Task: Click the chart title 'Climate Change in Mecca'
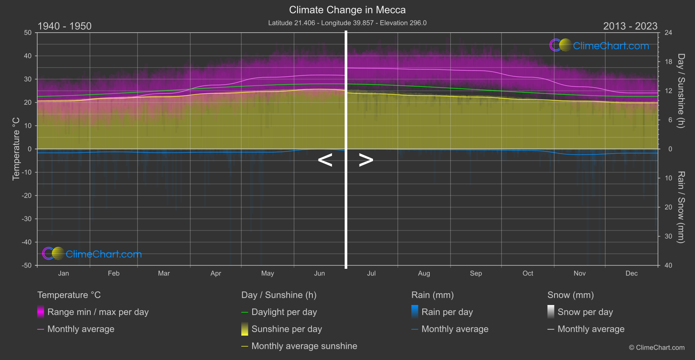347,10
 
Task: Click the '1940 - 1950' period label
65,26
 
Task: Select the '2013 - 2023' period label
630,26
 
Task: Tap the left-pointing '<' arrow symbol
325,160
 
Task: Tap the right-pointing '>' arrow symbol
366,160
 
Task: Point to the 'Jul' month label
371,274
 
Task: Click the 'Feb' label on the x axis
113,274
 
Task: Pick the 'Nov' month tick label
579,274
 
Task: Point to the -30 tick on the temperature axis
27,219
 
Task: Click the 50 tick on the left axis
28,33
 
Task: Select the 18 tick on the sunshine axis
668,62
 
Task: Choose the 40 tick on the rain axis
668,265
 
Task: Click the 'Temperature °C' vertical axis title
16,148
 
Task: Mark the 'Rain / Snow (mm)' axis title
681,207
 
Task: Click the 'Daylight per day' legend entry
284,312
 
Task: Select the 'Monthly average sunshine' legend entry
304,346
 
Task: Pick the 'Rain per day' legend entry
447,312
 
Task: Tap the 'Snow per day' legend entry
585,312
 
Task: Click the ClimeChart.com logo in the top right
599,45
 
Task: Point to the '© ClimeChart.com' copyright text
657,348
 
